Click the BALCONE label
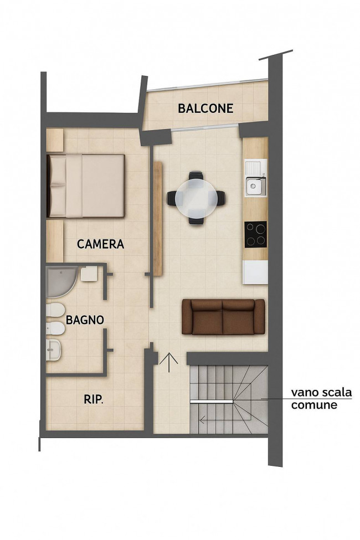205,109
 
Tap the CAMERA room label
100,244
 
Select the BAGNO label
85,320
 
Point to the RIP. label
94,400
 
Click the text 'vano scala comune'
321,398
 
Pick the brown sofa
223,317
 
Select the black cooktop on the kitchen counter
256,234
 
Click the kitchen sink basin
255,186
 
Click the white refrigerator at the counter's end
255,272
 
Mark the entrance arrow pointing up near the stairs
169,362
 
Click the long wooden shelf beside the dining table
157,218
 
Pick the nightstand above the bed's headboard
55,140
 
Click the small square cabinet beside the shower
89,275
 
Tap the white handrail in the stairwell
212,402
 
